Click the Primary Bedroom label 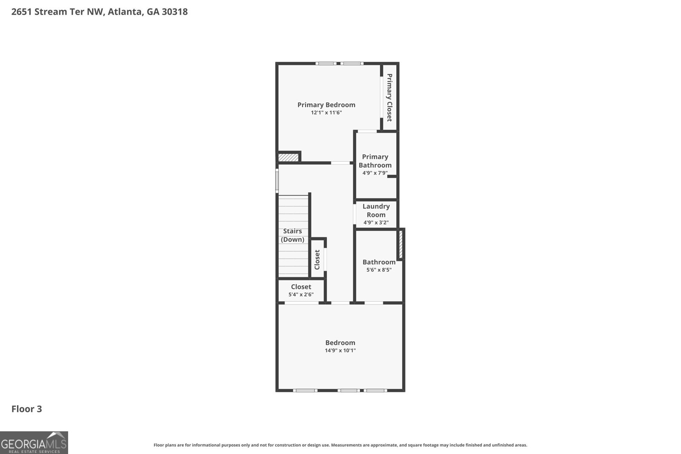326,105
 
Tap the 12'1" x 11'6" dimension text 326,113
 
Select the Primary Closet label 389,97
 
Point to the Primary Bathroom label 375,161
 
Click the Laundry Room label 376,211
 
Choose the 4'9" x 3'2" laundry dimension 376,223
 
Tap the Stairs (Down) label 292,235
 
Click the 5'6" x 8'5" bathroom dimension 379,270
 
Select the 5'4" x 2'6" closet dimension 301,294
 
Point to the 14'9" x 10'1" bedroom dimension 340,350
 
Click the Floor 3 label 27,409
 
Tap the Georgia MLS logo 34,443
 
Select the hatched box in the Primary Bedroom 288,157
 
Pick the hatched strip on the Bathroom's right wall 401,245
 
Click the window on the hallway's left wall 277,181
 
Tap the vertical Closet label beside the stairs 318,260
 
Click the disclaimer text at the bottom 340,445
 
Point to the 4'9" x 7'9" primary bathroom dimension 375,173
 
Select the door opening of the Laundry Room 355,214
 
